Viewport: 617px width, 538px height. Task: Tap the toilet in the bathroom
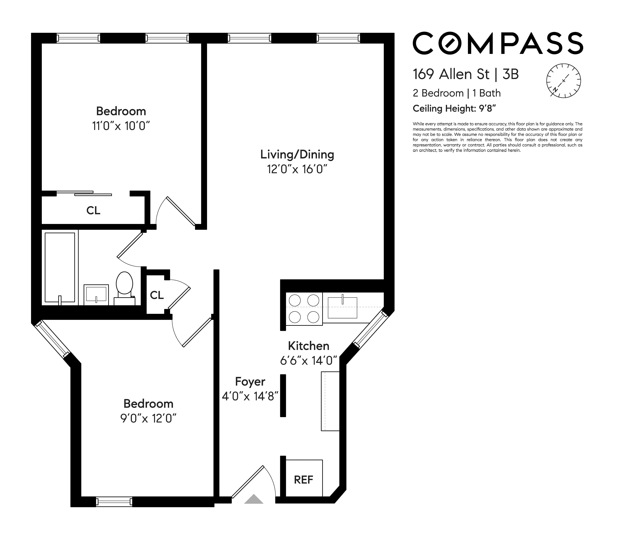[124, 284]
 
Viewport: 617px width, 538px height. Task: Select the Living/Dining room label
[297, 154]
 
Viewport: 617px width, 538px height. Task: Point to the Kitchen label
[308, 346]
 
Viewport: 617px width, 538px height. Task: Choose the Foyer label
[250, 382]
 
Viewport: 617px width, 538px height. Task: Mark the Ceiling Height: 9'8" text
[454, 108]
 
